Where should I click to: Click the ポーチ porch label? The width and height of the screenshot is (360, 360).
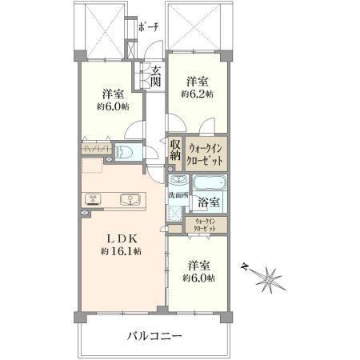149,26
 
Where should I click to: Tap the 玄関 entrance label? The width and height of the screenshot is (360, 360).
155,76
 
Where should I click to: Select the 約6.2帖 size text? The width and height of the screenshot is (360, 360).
197,94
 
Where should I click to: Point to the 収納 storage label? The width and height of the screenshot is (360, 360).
175,150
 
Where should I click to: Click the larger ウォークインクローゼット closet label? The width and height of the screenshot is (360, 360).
205,154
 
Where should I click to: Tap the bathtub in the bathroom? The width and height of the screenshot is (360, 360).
210,183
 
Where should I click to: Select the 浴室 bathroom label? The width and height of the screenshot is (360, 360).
209,202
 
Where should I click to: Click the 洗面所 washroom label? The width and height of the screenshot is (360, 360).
178,195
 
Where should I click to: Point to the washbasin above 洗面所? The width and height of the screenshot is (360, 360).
178,180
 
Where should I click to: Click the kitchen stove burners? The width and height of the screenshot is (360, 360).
93,199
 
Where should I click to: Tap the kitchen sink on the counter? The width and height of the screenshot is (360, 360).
130,199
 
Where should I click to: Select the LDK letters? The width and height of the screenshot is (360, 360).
122,238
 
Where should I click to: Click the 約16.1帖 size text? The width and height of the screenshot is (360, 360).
122,251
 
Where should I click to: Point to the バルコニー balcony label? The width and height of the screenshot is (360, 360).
154,336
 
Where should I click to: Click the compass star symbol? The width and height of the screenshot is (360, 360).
269,280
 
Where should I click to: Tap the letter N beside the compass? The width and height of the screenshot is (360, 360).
244,266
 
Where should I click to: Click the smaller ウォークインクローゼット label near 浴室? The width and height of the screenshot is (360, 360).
205,225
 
